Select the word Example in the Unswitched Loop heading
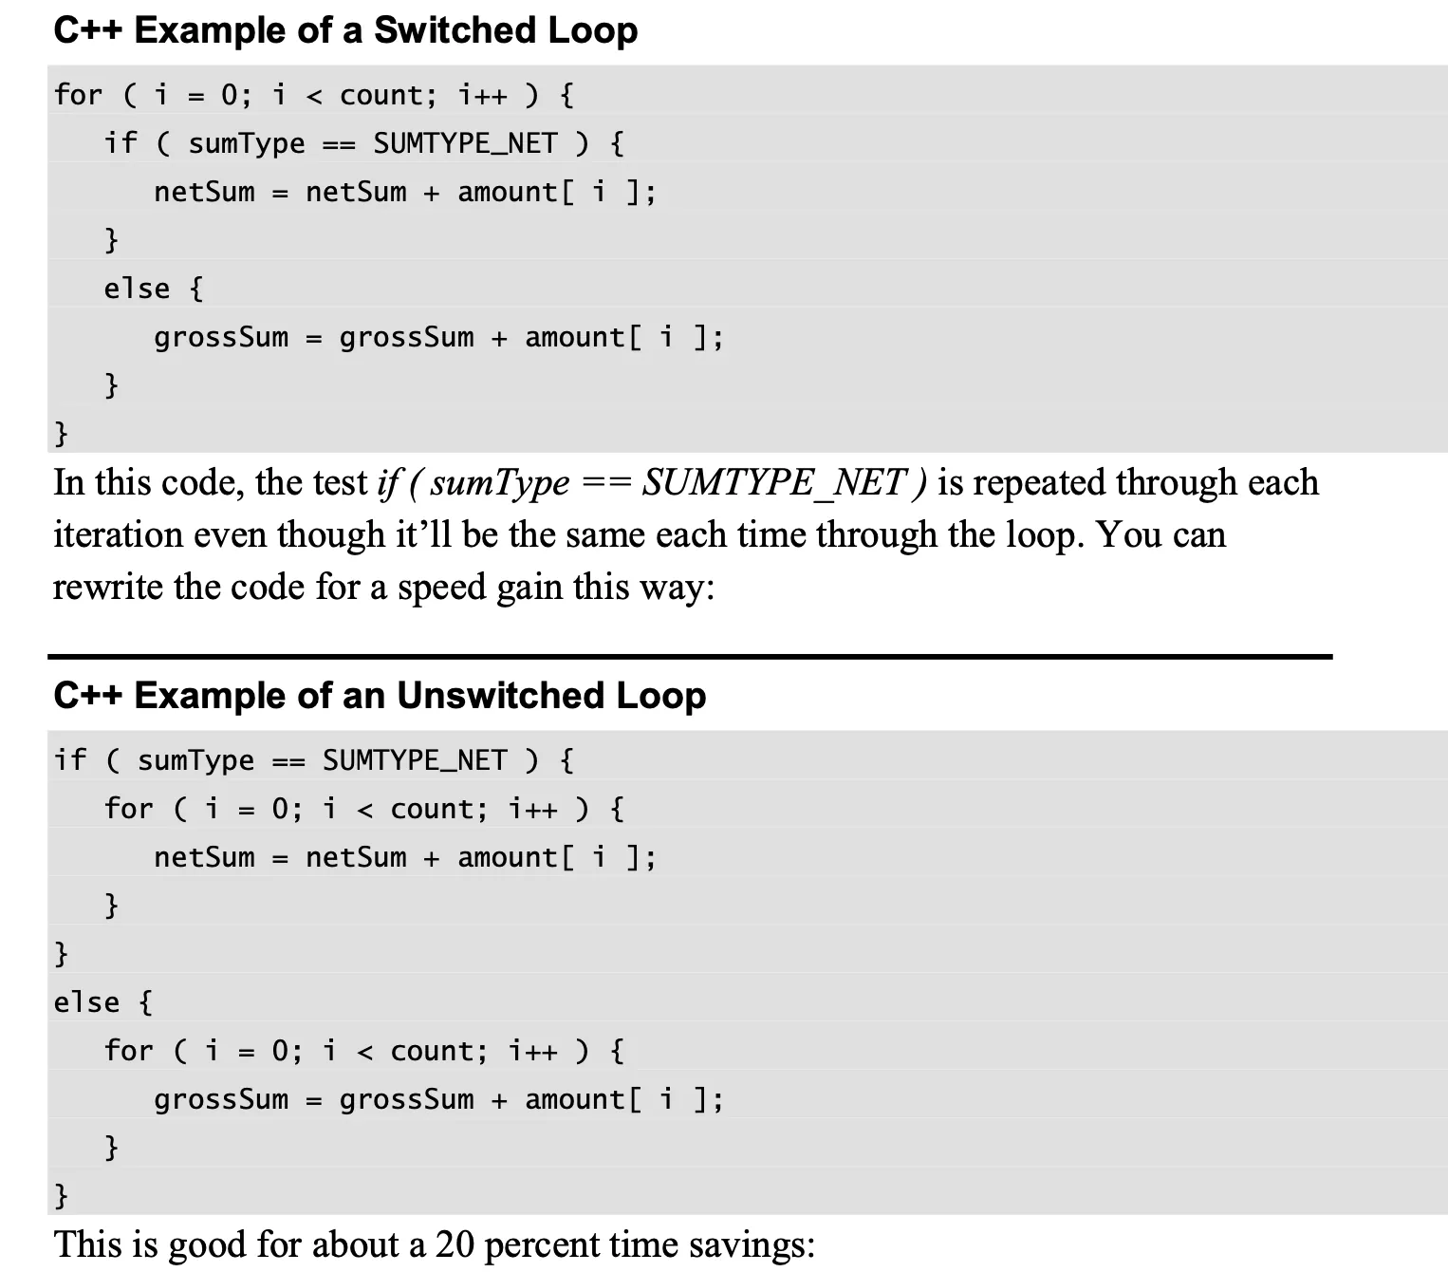(210, 697)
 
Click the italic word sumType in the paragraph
(500, 483)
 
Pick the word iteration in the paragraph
(118, 534)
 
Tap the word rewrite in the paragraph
(108, 587)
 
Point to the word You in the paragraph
(1128, 534)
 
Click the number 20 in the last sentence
(455, 1244)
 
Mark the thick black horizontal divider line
(691, 656)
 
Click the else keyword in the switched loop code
(137, 289)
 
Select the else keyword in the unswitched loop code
(86, 1002)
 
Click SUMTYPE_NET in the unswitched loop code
(415, 760)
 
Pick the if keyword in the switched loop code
(121, 143)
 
